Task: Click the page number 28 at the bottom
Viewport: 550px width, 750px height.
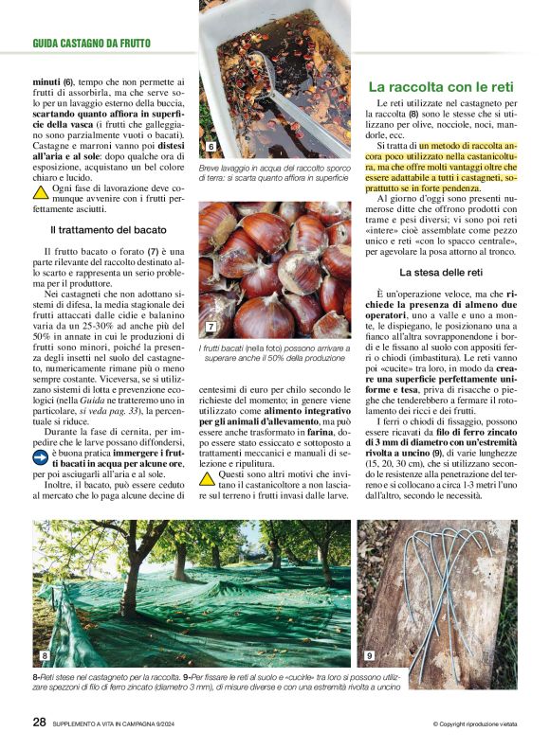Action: pyautogui.click(x=39, y=722)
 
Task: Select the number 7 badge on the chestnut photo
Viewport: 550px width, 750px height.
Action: pyautogui.click(x=211, y=327)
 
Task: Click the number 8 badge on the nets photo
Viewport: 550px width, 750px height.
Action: pyautogui.click(x=45, y=655)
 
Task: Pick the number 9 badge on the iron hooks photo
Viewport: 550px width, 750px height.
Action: pyautogui.click(x=369, y=655)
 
